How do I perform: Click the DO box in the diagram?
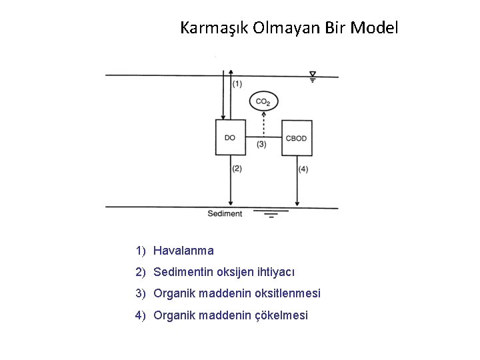click(230, 137)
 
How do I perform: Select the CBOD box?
click(296, 138)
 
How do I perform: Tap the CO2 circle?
click(263, 101)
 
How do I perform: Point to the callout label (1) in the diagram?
click(237, 84)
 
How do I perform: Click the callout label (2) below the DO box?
click(237, 169)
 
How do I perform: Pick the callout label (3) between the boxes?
click(262, 144)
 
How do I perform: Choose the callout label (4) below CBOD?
click(304, 169)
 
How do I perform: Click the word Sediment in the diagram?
click(225, 214)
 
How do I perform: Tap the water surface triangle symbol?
click(313, 74)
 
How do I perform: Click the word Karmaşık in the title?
click(214, 29)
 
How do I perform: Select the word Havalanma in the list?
click(183, 251)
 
